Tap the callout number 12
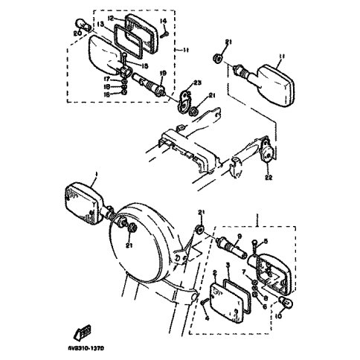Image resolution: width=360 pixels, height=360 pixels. pos(109,17)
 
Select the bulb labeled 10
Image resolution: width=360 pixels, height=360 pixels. pos(285,303)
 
